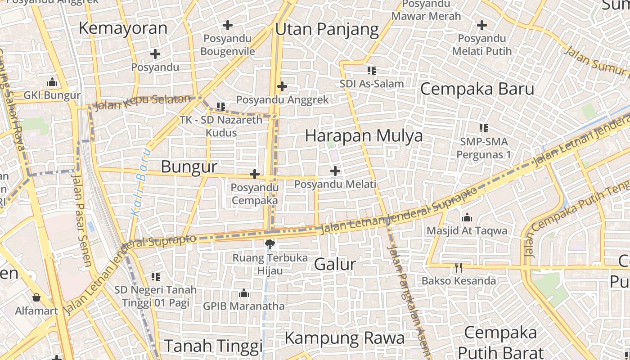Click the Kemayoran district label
(x=123, y=28)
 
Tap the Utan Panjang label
(x=327, y=29)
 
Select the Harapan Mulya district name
(x=364, y=135)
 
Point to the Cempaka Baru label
(x=477, y=89)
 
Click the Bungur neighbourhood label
(x=189, y=166)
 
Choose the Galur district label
(x=335, y=264)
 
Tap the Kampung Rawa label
(x=345, y=337)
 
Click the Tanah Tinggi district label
(x=213, y=346)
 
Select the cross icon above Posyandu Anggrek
(x=282, y=86)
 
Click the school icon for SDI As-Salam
(x=371, y=70)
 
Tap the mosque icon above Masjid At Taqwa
(x=467, y=218)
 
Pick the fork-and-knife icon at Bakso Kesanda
(x=458, y=268)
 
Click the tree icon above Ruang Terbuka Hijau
(x=270, y=244)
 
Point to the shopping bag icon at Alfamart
(x=36, y=297)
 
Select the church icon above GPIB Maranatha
(x=244, y=293)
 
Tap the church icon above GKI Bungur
(x=52, y=82)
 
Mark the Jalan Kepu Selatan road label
(x=143, y=102)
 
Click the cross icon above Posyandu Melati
(x=335, y=171)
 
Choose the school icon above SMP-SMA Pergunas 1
(x=484, y=128)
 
